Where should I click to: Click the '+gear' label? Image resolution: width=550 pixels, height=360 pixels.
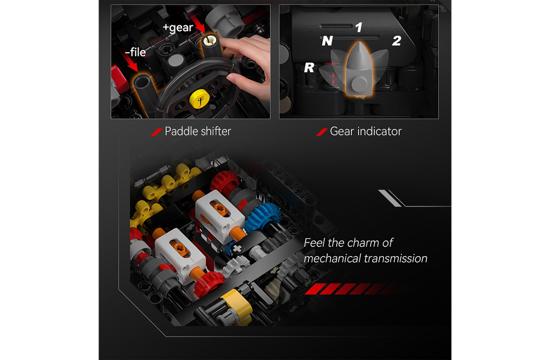(x=178, y=27)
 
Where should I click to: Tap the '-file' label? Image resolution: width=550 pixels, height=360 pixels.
(x=135, y=52)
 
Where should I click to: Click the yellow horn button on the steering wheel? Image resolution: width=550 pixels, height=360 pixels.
(x=200, y=99)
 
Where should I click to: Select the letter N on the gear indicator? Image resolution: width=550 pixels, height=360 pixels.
(x=327, y=41)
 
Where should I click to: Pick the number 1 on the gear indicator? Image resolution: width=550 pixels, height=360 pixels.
(x=359, y=27)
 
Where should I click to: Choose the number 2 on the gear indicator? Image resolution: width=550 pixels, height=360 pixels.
(x=397, y=41)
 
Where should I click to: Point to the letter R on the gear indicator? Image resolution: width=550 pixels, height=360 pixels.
(x=309, y=67)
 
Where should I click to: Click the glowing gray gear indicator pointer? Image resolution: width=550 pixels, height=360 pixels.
(x=359, y=70)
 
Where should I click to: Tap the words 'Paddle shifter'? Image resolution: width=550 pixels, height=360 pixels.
(x=198, y=131)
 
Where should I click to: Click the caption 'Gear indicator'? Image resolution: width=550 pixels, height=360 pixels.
(x=366, y=131)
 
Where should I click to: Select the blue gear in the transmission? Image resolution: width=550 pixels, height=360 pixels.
(x=262, y=217)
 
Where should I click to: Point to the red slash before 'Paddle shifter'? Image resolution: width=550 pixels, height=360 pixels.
(x=156, y=132)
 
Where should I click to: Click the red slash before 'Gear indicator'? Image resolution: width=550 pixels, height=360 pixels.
(x=322, y=132)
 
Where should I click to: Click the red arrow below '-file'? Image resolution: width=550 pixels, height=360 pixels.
(x=131, y=64)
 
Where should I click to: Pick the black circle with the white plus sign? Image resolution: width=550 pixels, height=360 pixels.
(x=237, y=249)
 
